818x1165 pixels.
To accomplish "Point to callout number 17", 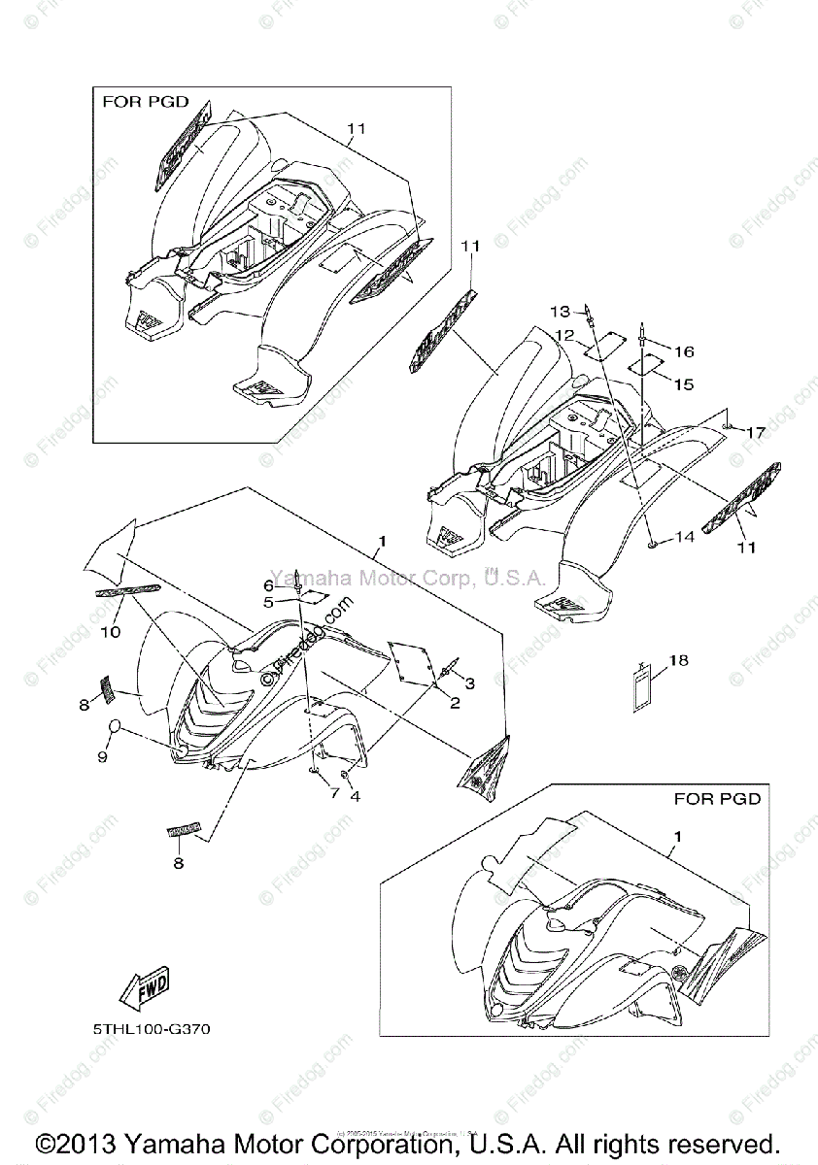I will point(755,433).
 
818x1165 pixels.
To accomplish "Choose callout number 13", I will point(561,312).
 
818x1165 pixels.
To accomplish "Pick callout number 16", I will point(684,350).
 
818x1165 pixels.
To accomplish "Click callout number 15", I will point(683,384).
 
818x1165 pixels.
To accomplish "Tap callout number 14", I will point(685,537).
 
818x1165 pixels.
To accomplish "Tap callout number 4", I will point(356,796).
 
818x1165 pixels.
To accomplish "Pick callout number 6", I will point(268,585).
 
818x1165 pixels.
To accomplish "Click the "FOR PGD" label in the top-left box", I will point(145,102).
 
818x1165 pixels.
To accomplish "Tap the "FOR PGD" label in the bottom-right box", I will point(717,799).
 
